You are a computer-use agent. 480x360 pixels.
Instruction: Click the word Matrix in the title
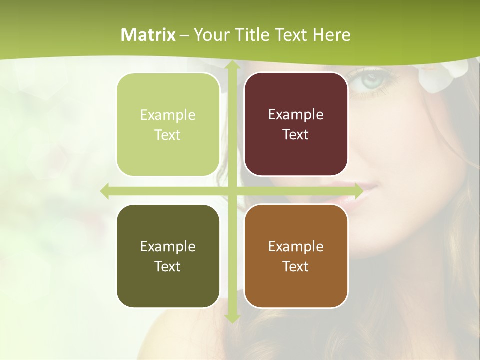tap(148, 35)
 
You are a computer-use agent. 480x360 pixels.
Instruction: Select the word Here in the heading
tap(332, 35)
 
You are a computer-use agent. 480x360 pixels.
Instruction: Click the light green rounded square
tap(168, 125)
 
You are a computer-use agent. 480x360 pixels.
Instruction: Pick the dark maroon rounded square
tap(296, 124)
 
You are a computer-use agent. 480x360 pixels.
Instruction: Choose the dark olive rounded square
tap(168, 256)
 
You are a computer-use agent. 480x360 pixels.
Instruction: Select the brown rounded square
tap(296, 256)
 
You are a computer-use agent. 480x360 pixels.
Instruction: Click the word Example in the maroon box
tap(296, 114)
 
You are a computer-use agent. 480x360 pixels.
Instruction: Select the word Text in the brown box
tap(296, 266)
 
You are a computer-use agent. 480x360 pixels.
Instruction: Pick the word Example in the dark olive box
tap(168, 246)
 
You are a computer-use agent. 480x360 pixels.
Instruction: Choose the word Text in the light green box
tap(168, 135)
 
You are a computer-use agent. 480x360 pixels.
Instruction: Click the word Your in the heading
tap(210, 35)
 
